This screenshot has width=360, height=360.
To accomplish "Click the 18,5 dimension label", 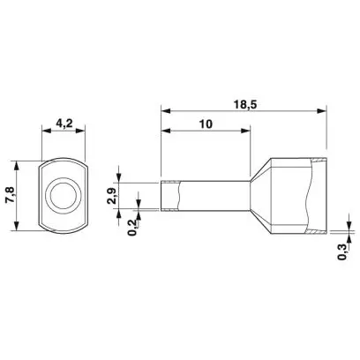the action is [x=245, y=104].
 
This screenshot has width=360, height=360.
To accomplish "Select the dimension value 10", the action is [x=206, y=124].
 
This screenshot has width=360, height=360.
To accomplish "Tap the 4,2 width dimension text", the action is [x=64, y=124].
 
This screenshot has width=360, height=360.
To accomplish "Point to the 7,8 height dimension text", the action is [x=10, y=196].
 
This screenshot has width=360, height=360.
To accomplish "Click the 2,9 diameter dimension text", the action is [x=112, y=196].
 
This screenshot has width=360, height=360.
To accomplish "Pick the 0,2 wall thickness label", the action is [x=133, y=228].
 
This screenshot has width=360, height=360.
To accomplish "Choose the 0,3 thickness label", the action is [x=342, y=252].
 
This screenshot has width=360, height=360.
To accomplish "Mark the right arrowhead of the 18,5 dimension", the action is [x=322, y=111].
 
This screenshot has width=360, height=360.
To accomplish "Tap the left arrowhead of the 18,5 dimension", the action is [x=166, y=111].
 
